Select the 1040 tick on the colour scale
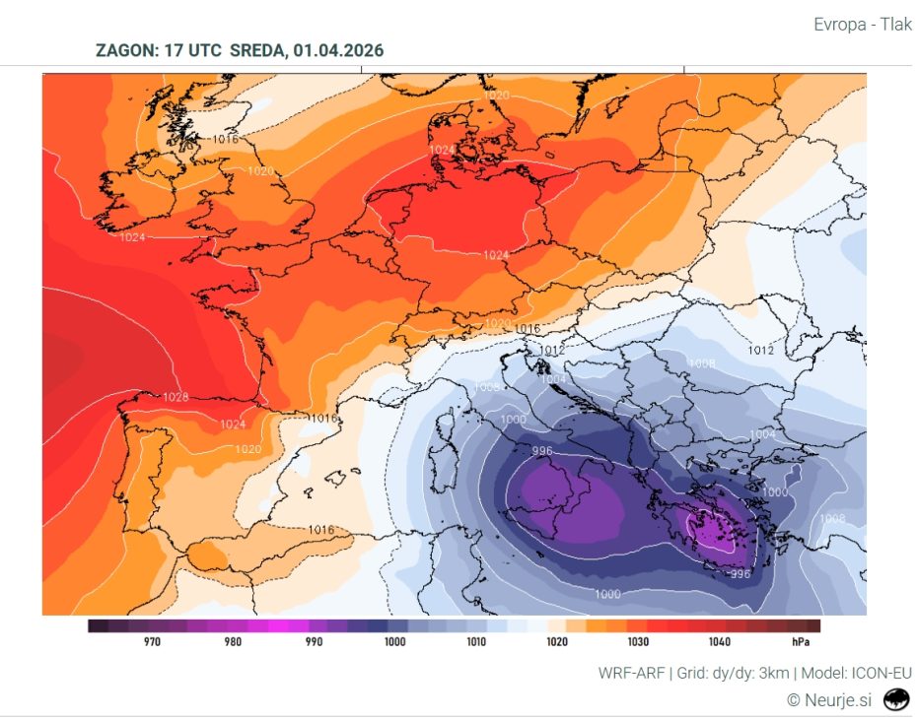pyautogui.click(x=719, y=642)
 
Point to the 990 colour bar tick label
pyautogui.click(x=314, y=642)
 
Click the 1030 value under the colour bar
pyautogui.click(x=638, y=642)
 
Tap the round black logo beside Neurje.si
pyautogui.click(x=896, y=699)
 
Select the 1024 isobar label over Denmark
pyautogui.click(x=442, y=150)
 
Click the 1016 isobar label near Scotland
pyautogui.click(x=226, y=139)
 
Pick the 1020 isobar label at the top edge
pyautogui.click(x=498, y=95)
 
